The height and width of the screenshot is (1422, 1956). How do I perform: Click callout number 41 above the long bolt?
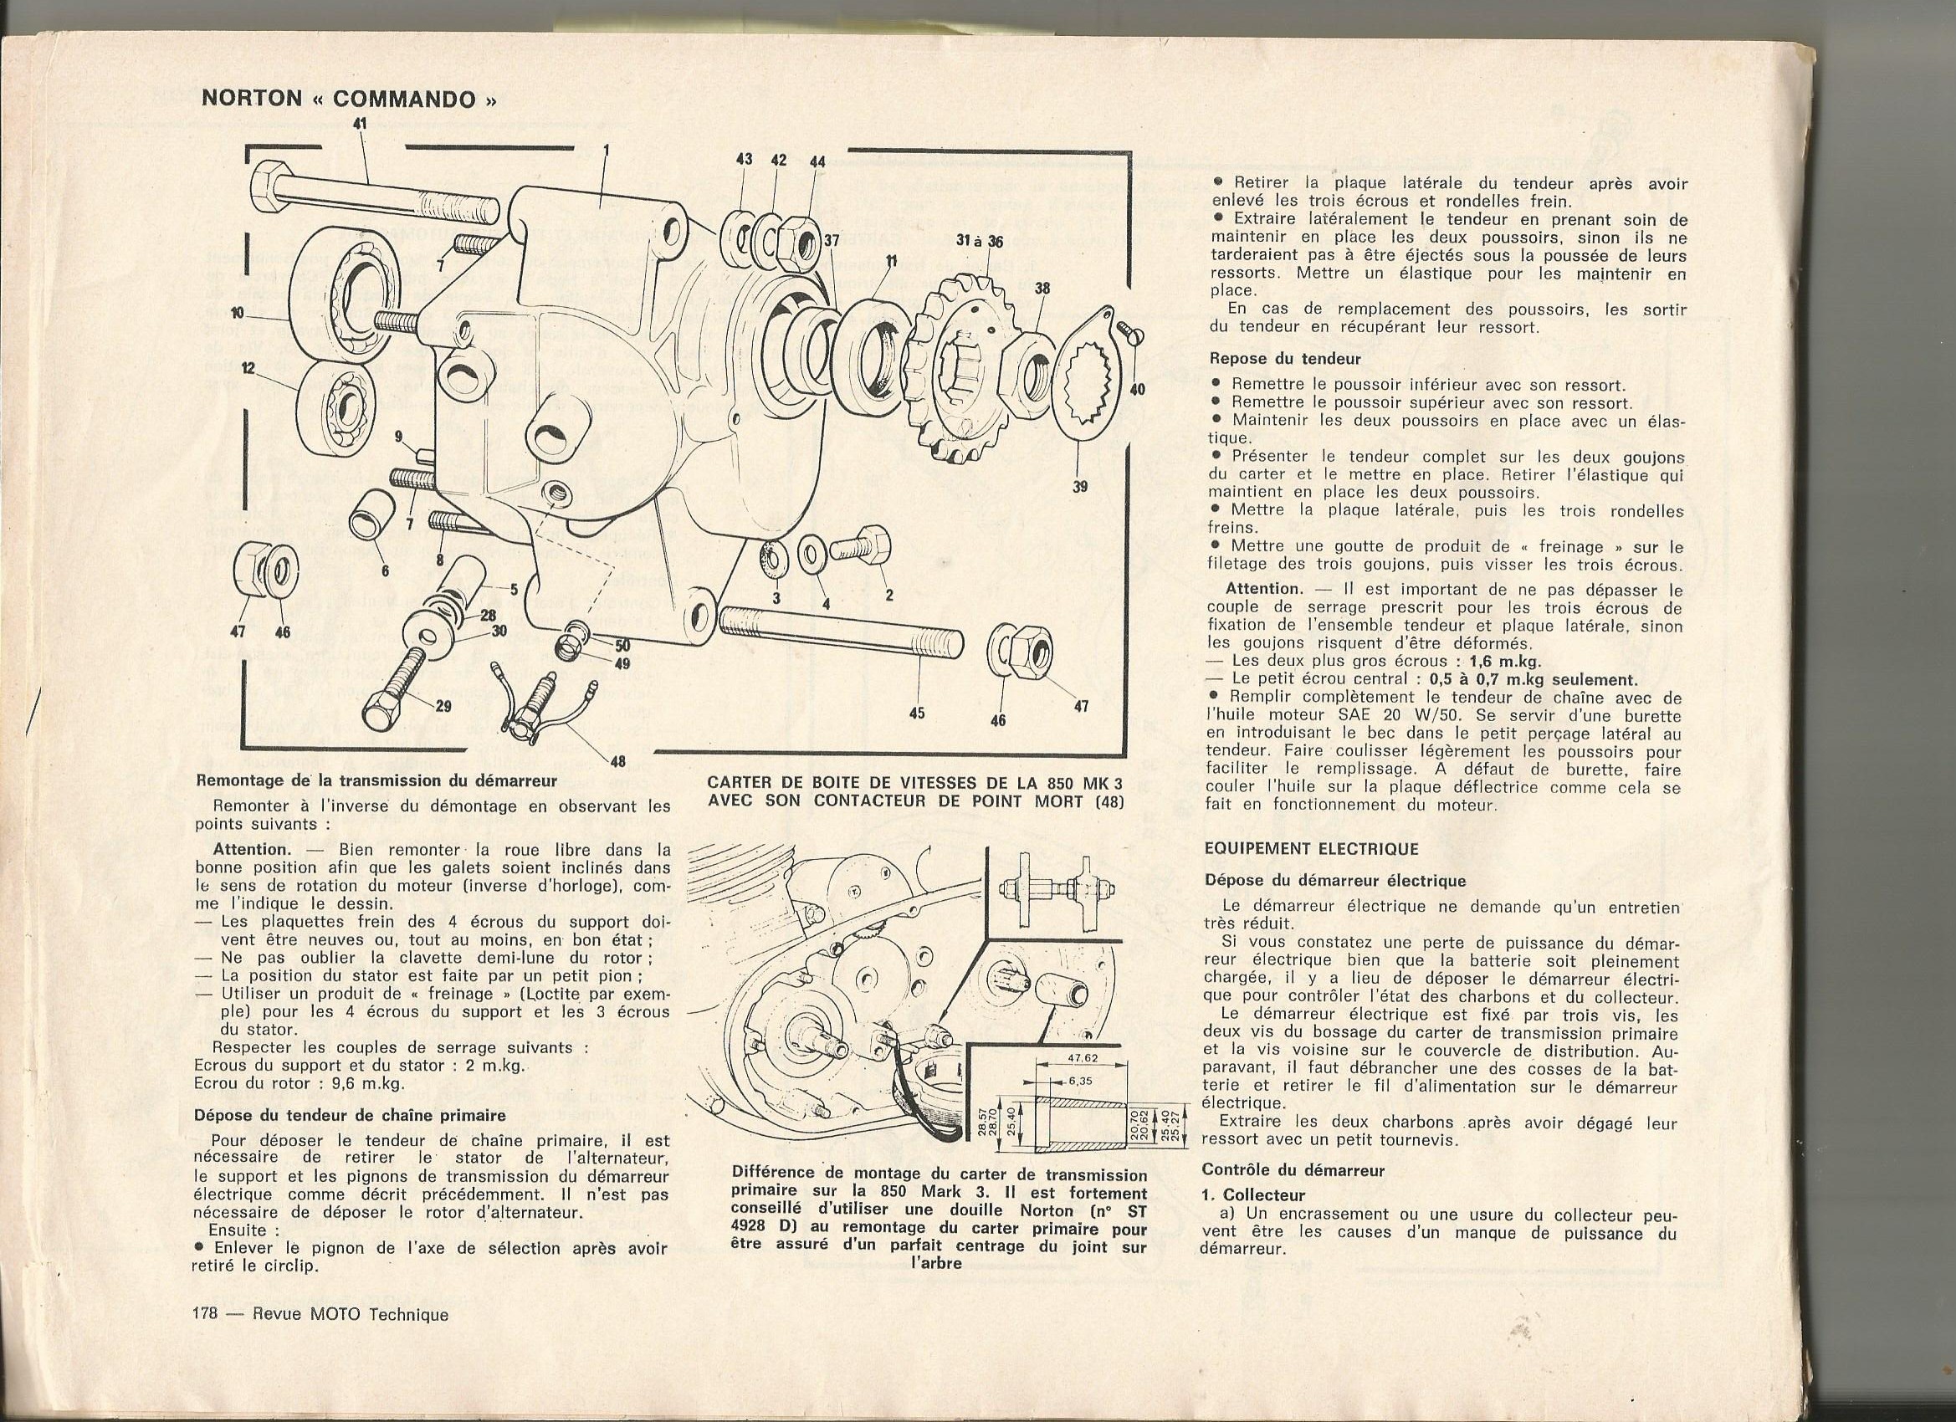(360, 124)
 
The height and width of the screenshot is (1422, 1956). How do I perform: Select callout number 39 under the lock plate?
(1080, 486)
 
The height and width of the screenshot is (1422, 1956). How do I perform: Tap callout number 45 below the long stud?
(917, 714)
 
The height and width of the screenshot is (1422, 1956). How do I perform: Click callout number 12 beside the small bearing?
(248, 368)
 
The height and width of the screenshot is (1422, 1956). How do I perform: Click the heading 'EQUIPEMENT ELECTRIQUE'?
(1311, 848)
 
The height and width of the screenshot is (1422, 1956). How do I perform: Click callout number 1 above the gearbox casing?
(606, 150)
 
